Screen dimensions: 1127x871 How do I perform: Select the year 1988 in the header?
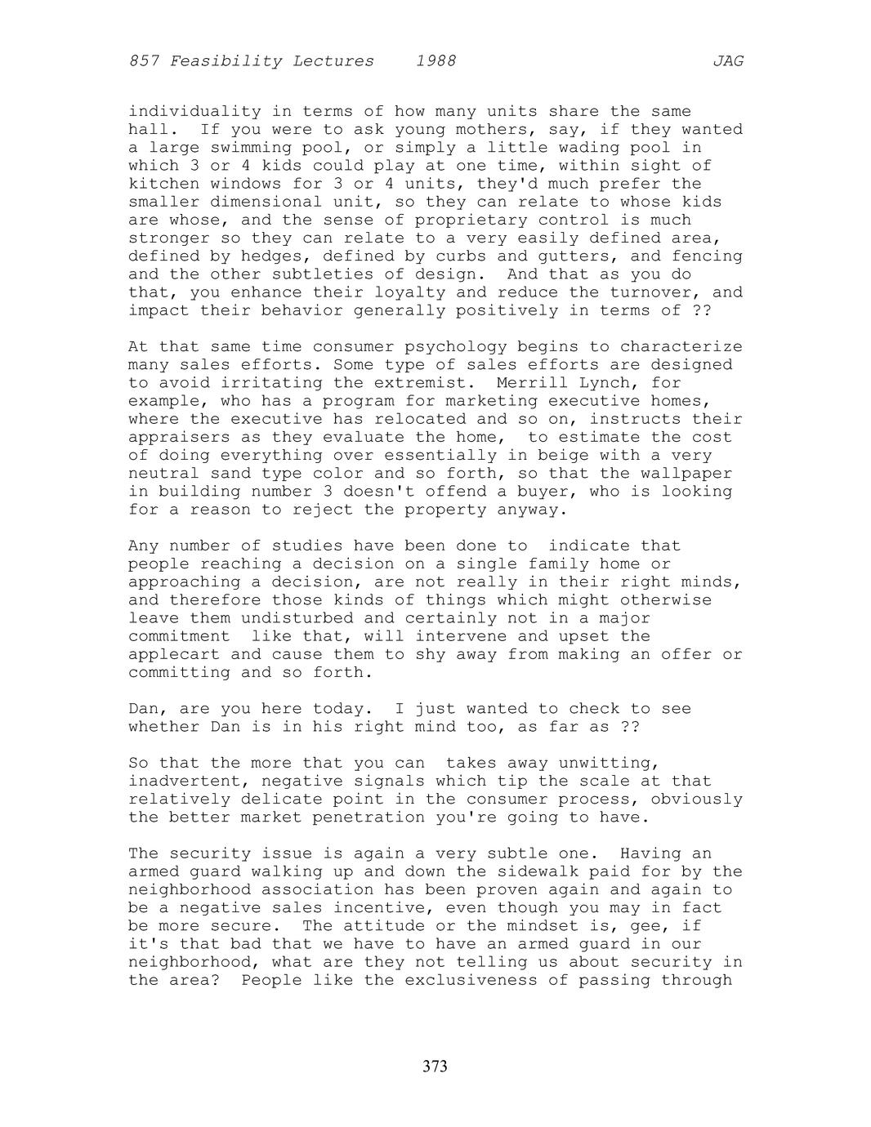[x=435, y=61]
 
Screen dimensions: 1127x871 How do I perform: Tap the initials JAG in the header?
[x=727, y=61]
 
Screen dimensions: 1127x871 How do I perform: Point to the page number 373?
[x=435, y=1066]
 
